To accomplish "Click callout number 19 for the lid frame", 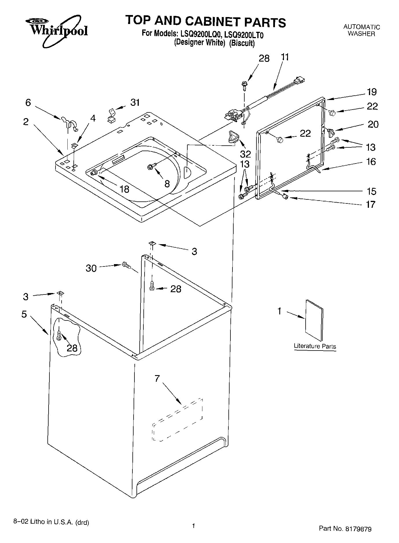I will (372, 92).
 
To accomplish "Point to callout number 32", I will (245, 153).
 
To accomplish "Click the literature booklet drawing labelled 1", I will (314, 320).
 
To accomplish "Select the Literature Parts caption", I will (315, 346).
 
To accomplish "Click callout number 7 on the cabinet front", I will (157, 378).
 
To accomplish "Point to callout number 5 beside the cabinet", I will (24, 314).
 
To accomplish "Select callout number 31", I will (135, 102).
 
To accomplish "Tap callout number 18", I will (124, 189).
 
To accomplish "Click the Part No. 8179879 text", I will (345, 529).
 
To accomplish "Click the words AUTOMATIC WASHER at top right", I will (361, 30).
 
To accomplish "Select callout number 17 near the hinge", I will (370, 204).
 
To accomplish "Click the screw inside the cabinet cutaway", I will (59, 335).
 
